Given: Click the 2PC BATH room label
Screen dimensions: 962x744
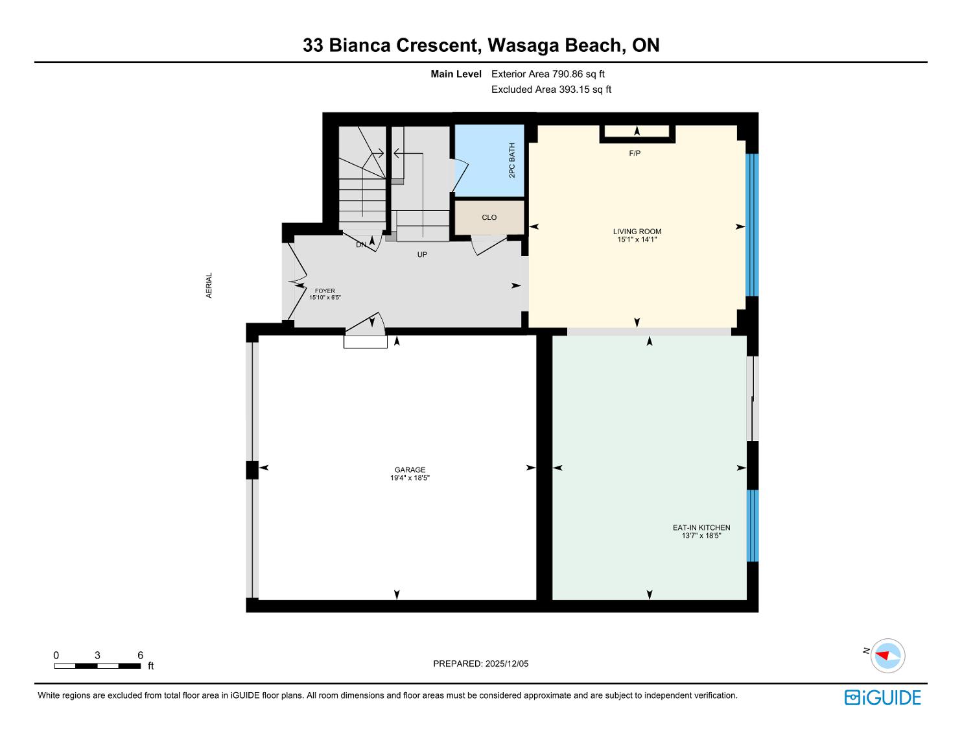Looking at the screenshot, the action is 511,160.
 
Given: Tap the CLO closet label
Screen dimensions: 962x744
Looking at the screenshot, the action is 489,217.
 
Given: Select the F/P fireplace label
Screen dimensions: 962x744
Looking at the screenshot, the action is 635,153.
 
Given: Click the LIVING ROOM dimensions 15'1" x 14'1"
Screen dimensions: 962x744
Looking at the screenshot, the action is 637,239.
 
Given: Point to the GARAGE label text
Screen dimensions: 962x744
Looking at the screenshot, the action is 410,470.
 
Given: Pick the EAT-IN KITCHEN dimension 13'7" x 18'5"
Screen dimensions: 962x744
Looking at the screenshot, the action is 701,535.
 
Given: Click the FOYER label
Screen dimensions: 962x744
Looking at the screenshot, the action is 325,291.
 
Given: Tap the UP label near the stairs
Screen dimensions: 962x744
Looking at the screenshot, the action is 422,255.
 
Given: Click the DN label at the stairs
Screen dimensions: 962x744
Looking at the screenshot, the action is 361,245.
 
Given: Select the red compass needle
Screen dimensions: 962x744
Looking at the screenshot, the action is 882,655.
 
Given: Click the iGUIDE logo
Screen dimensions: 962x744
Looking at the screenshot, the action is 882,697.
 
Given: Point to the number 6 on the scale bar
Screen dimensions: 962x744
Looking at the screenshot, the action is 140,655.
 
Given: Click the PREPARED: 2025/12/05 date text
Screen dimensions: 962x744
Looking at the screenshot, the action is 481,664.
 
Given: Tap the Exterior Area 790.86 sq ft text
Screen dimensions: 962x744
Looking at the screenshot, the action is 548,74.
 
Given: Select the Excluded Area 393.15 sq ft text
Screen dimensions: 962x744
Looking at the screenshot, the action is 551,90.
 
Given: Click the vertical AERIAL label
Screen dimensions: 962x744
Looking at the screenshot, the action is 209,285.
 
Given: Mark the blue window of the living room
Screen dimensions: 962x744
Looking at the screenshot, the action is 752,225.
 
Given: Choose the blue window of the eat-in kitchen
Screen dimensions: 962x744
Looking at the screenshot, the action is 753,525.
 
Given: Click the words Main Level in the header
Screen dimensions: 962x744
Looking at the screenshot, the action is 456,74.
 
